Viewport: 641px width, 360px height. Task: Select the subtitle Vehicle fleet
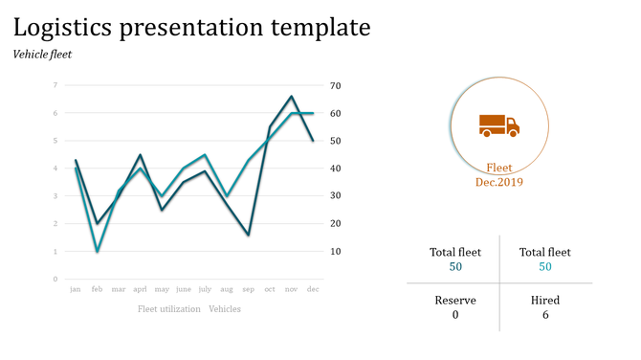tap(42, 55)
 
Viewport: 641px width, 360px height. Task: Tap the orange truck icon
tap(498, 125)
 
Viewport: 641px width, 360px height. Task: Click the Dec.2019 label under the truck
tap(498, 181)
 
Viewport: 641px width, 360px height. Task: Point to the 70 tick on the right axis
tap(335, 85)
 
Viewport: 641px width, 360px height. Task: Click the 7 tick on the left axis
tap(55, 85)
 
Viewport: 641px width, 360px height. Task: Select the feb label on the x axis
tap(97, 288)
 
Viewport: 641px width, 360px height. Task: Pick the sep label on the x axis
tap(248, 288)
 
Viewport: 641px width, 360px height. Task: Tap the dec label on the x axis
tap(312, 288)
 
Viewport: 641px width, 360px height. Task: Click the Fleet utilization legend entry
tap(168, 309)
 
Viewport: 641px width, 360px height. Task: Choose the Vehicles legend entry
tap(225, 309)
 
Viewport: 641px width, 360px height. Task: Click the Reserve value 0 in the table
tap(455, 315)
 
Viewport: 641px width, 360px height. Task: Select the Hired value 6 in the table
tap(545, 315)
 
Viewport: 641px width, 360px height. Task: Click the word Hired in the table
tap(545, 300)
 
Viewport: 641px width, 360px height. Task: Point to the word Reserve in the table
tap(455, 300)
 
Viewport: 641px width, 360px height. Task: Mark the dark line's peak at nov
tap(291, 96)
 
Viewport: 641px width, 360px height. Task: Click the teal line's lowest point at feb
tap(97, 251)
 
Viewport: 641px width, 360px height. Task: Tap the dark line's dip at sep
tap(248, 235)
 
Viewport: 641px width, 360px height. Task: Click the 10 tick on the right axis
tap(335, 252)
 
